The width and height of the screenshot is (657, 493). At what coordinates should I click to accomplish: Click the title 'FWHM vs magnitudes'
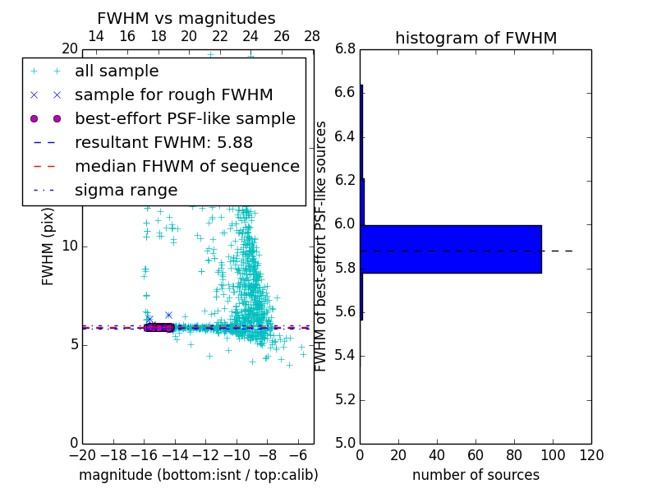coord(186,18)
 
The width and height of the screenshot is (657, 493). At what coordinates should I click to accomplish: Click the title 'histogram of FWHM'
coord(476,38)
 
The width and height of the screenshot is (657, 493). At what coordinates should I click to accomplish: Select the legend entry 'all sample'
coord(117,71)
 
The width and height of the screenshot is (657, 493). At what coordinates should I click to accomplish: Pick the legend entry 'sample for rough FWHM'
coord(173,94)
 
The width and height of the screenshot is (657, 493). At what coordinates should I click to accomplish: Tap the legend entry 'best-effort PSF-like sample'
coord(185,118)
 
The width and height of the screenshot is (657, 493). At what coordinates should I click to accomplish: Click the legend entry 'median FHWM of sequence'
coord(186,166)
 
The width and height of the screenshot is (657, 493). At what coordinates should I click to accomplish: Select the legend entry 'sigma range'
coord(126,190)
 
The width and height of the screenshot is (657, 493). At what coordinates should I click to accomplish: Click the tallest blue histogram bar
coord(451,249)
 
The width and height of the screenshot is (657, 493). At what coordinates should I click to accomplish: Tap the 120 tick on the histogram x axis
coord(591,454)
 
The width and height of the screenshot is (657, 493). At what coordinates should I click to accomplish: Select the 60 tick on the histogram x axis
coord(476,454)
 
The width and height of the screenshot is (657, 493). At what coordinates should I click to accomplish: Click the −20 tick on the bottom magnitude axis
coord(82,454)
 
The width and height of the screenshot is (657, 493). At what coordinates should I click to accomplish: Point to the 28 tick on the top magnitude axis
coord(313,36)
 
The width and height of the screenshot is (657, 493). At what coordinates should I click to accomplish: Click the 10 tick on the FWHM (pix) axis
coord(70,246)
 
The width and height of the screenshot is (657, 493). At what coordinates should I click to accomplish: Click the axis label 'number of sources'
coord(476,475)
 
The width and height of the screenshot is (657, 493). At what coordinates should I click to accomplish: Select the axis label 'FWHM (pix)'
coord(48,246)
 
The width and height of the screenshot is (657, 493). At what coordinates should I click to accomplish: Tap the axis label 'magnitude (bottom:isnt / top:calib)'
coord(198,475)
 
